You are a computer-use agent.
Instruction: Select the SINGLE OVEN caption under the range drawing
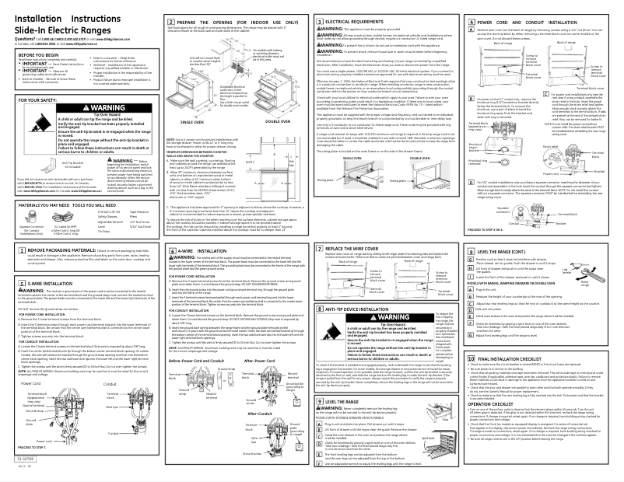point(191,144)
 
